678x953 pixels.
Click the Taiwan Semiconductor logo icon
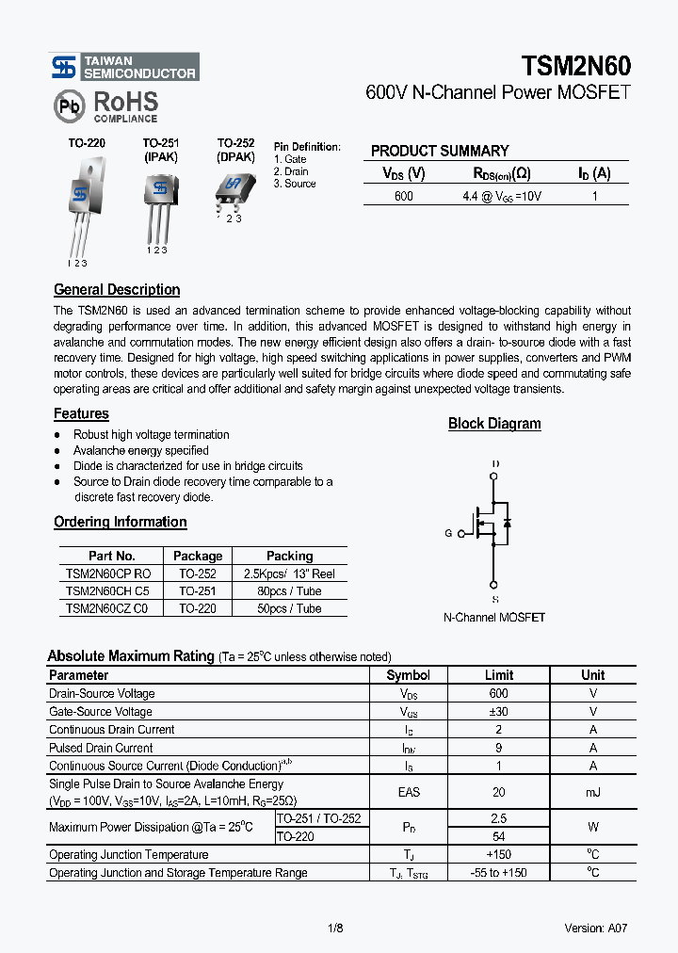point(63,67)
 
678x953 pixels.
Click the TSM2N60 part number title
point(575,66)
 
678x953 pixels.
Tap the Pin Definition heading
point(307,147)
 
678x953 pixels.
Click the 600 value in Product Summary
point(403,196)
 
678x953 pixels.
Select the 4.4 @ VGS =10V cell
point(502,196)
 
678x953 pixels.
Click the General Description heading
point(117,290)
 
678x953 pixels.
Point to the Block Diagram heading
point(494,424)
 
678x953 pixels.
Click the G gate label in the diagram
point(448,533)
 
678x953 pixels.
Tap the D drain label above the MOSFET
point(495,464)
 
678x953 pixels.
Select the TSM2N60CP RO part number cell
point(108,573)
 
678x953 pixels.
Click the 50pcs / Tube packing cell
point(289,608)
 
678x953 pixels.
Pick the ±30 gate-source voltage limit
point(498,712)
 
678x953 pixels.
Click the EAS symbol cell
point(409,792)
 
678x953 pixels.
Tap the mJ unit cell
point(592,792)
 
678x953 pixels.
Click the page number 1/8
point(335,929)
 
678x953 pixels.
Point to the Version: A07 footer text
point(596,929)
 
